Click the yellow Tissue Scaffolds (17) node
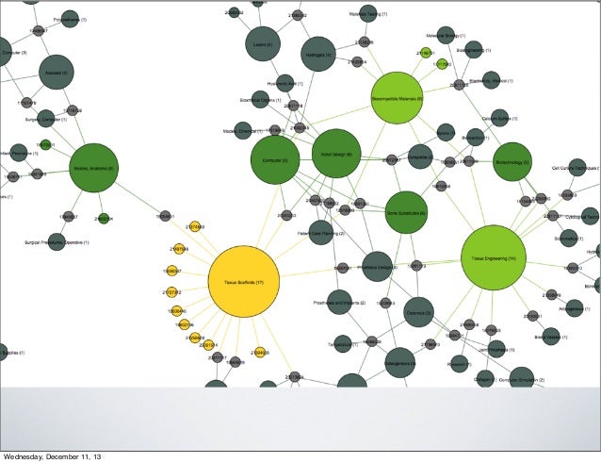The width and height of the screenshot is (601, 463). [x=243, y=281]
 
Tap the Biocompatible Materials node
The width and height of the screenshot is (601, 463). [x=398, y=98]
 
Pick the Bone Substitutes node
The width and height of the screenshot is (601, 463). [x=406, y=213]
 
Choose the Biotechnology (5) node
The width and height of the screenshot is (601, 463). [x=512, y=162]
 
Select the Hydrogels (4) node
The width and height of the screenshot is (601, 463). [x=318, y=55]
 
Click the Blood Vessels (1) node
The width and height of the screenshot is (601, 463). [x=549, y=336]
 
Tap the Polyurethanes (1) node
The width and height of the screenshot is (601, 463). [x=68, y=19]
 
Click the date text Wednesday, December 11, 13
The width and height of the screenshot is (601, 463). [x=54, y=456]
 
